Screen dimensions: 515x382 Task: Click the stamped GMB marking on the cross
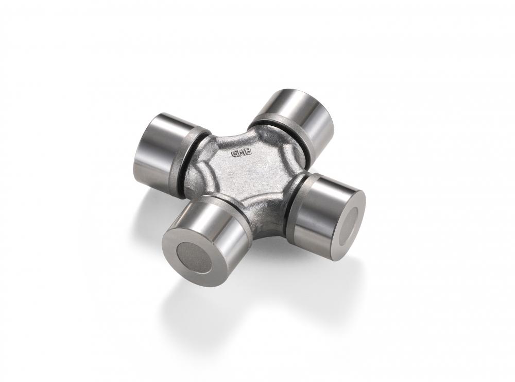coord(242,153)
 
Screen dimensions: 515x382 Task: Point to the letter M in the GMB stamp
coord(242,153)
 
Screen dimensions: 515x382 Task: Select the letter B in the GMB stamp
coord(248,152)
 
